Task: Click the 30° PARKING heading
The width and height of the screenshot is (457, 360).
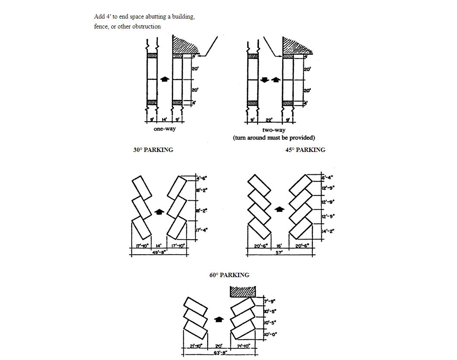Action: pyautogui.click(x=153, y=150)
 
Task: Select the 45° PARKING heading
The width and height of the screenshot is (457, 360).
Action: pyautogui.click(x=305, y=150)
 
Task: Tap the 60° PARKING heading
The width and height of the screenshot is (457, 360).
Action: pyautogui.click(x=229, y=275)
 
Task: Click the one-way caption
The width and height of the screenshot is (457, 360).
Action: pyautogui.click(x=164, y=129)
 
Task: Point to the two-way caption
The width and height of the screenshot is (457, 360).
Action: pyautogui.click(x=274, y=130)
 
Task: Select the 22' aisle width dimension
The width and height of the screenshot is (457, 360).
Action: pyautogui.click(x=269, y=120)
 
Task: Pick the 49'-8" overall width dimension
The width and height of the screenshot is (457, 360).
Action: pyautogui.click(x=160, y=253)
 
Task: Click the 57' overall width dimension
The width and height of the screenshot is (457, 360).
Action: pyautogui.click(x=279, y=253)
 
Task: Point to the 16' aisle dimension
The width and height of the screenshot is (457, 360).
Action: pyautogui.click(x=279, y=246)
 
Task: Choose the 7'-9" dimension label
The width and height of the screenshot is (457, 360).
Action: pyautogui.click(x=270, y=301)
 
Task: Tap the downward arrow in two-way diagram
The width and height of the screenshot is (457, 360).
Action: pyautogui.click(x=265, y=80)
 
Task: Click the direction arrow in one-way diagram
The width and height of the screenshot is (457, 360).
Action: pyautogui.click(x=164, y=79)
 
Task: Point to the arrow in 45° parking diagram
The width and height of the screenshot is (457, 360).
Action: pyautogui.click(x=280, y=209)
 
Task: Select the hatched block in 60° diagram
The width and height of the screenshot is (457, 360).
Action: pyautogui.click(x=244, y=291)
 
